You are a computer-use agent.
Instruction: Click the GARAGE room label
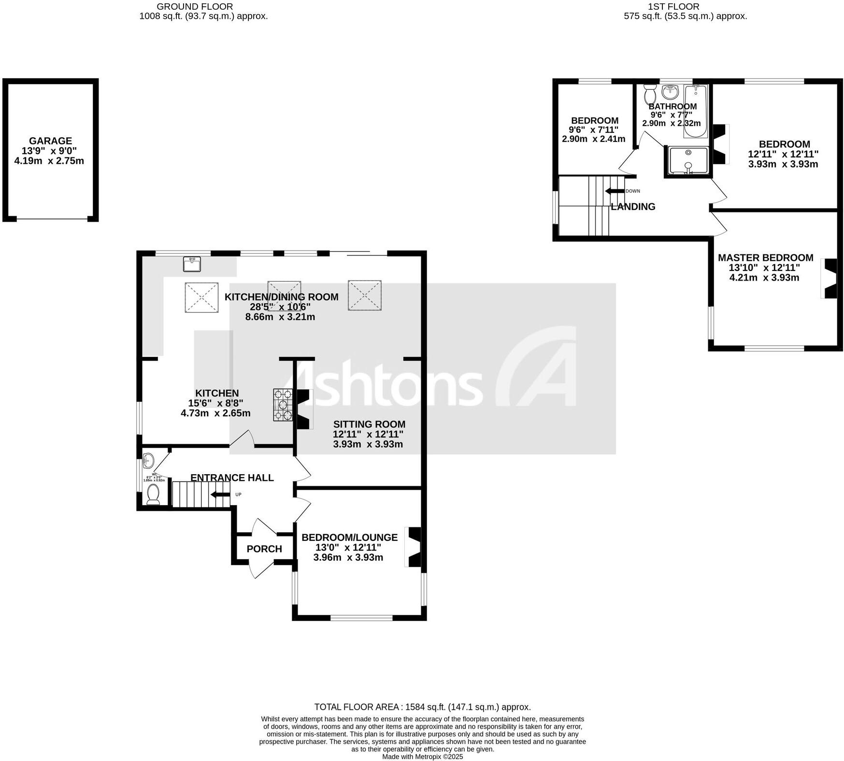click(50, 141)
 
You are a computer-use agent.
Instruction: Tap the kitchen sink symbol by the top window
click(192, 265)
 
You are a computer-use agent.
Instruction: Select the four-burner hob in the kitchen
click(283, 405)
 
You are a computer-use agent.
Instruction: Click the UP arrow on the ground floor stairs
click(220, 494)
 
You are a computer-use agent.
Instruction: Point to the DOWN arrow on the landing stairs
click(615, 191)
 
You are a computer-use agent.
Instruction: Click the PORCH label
click(264, 549)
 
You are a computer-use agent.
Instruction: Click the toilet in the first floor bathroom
click(650, 94)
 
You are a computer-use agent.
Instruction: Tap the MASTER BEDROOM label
click(765, 258)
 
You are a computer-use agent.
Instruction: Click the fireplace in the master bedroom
click(830, 279)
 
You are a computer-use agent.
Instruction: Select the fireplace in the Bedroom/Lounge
click(415, 547)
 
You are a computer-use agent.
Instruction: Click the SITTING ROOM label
click(369, 424)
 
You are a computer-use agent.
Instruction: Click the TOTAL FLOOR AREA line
click(422, 707)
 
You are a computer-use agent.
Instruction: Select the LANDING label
click(633, 207)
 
